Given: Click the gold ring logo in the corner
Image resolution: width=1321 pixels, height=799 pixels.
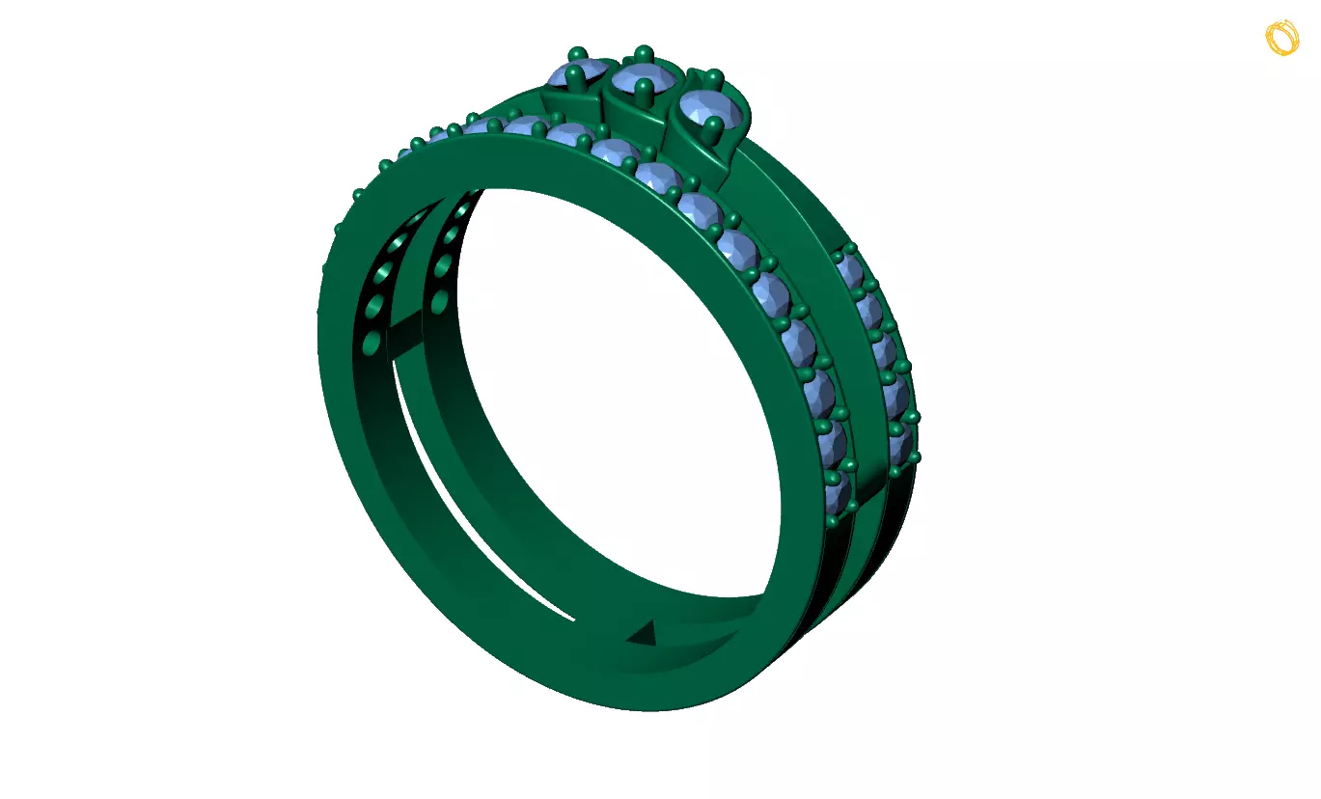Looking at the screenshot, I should coord(1282,38).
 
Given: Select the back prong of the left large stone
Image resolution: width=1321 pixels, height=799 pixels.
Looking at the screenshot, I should coord(577,52).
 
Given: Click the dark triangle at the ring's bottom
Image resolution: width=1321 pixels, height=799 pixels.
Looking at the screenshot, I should coord(645,633).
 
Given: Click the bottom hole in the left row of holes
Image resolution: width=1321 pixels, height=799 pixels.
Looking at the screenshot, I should coord(371,342).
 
